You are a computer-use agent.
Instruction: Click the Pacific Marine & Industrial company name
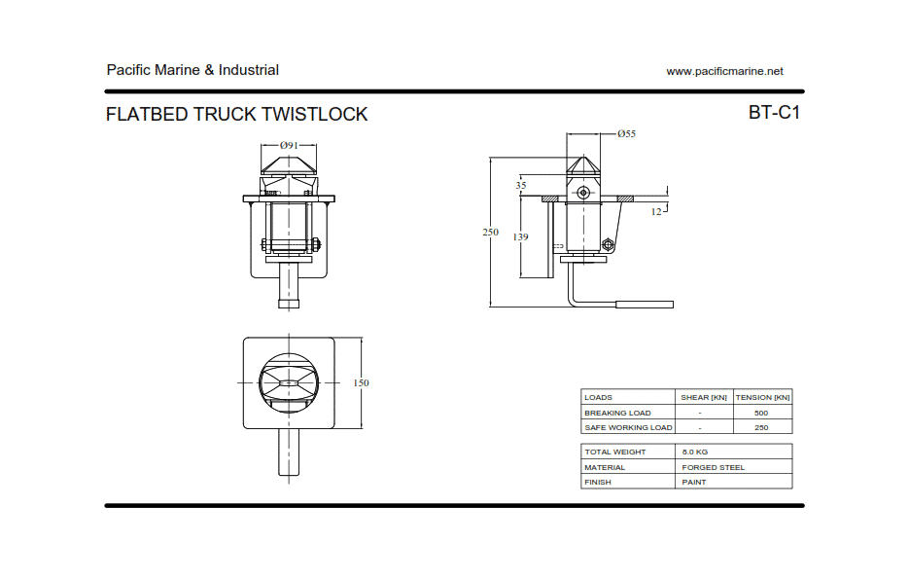point(192,70)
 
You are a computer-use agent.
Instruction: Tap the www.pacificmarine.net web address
point(724,71)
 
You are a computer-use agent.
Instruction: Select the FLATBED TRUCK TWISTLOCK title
point(236,115)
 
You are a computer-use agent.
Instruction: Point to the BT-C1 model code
point(774,113)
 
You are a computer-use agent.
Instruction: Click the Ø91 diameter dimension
point(289,145)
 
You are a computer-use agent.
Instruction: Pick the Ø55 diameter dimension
point(626,133)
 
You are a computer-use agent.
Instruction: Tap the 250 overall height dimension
point(491,233)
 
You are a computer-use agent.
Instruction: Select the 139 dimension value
point(521,237)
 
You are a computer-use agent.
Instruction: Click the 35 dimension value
point(521,185)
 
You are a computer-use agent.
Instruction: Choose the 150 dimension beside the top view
point(361,383)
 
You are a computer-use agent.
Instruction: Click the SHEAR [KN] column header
point(704,398)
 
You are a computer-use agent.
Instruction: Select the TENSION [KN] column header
point(762,398)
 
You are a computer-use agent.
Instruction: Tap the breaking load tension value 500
point(761,413)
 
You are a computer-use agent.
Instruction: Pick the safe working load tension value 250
point(761,427)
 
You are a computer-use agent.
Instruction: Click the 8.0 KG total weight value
point(695,452)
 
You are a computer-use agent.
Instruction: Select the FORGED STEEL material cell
point(714,467)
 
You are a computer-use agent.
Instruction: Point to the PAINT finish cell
point(694,483)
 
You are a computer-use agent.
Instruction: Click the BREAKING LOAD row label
point(617,413)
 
